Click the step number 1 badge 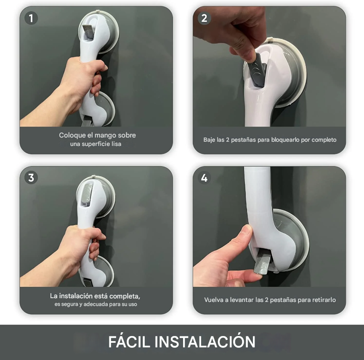click(31, 19)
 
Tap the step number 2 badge click(204, 19)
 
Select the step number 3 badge click(31, 178)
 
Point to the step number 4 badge click(204, 178)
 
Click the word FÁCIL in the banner click(129, 341)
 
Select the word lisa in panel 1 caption click(116, 144)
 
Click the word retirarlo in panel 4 click(324, 300)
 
